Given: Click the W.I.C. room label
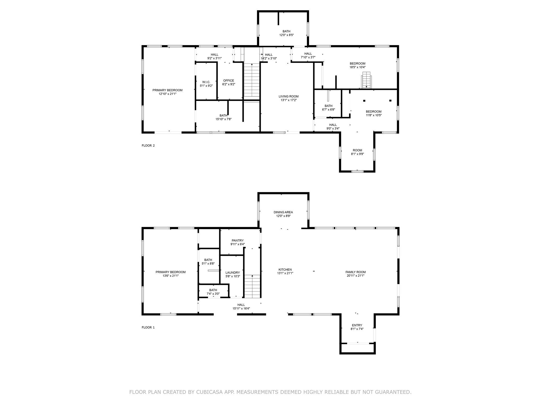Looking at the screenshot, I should coord(206,82).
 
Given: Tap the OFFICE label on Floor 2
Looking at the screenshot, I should coord(228,81).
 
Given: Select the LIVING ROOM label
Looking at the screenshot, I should coord(288,96).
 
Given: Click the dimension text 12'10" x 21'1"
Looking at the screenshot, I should coord(167,94).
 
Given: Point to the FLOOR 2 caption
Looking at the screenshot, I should coord(148,145).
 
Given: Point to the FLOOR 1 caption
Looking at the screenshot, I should coord(148,327).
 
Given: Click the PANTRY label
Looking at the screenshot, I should coord(237,241).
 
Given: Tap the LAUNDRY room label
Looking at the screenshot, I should coord(232,273).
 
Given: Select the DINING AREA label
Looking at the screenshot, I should coord(283,212).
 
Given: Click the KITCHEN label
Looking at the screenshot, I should coord(285,270).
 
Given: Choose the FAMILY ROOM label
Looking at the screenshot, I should coord(356,272).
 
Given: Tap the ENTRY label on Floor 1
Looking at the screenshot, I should coord(357,325).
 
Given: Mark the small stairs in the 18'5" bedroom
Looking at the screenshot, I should coord(367,80).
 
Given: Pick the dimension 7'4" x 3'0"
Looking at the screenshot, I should coord(213,294).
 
